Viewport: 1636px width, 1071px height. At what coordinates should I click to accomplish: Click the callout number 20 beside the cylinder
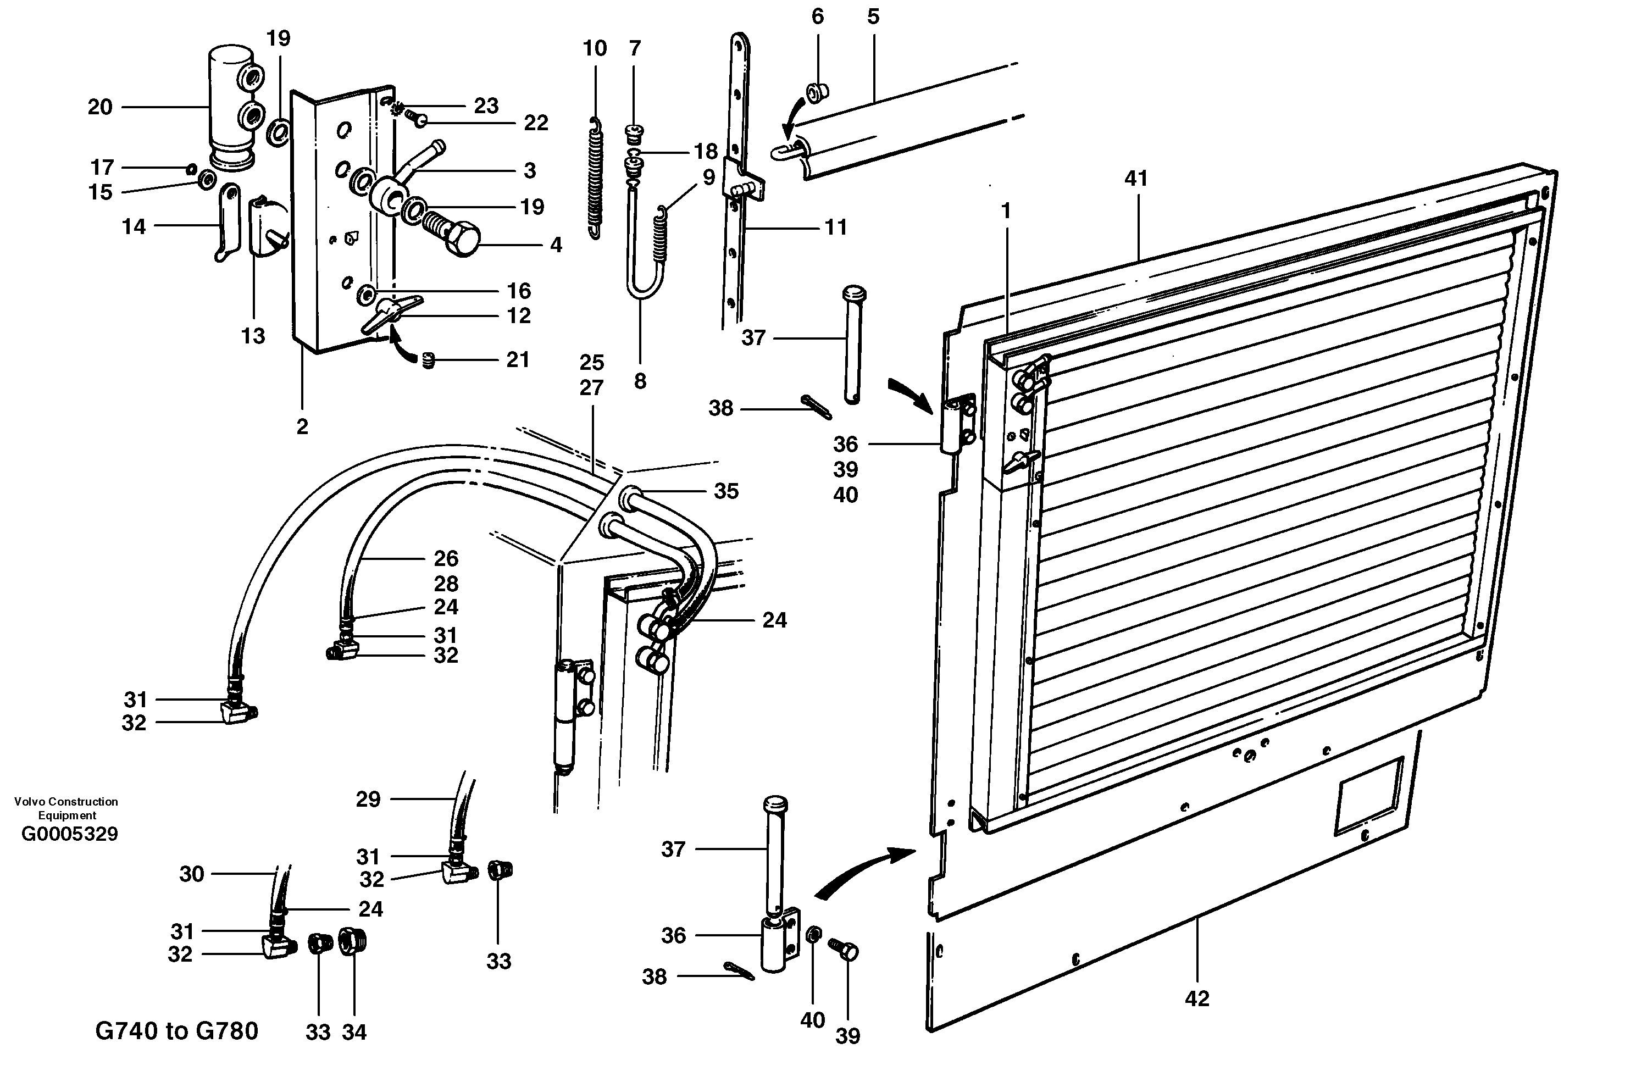tap(99, 107)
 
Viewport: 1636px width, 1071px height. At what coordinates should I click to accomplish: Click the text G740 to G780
tap(176, 1030)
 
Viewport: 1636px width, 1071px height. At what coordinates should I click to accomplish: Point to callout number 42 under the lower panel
tap(1197, 998)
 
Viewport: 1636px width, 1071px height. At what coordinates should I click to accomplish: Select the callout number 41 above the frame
tap(1136, 179)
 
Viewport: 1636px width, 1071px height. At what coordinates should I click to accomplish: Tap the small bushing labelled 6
tap(817, 91)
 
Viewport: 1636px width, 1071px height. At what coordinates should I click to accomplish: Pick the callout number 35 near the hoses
tap(726, 491)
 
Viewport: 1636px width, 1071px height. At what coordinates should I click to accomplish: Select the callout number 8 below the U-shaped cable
tap(640, 381)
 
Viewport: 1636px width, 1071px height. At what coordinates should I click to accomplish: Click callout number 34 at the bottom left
tap(354, 1032)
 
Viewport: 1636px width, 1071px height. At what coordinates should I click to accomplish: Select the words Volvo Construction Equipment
tap(66, 808)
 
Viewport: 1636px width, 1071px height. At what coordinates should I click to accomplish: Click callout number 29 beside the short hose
tap(368, 799)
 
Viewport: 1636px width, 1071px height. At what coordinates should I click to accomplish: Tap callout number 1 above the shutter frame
tap(1006, 211)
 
